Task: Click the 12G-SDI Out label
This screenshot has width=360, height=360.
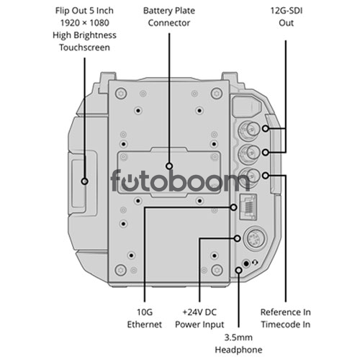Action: [286, 17]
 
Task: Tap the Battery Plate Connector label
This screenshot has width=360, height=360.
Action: [169, 17]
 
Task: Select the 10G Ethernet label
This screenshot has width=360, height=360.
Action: [145, 318]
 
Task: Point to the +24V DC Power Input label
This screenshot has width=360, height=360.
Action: [199, 318]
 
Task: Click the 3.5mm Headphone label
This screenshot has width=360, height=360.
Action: [238, 343]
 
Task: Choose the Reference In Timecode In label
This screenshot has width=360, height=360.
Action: [286, 318]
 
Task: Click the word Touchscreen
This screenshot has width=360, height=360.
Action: [84, 48]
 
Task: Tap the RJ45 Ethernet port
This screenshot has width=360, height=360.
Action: [248, 207]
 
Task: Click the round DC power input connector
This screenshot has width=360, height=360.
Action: [255, 238]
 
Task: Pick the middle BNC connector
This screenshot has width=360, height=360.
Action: [250, 153]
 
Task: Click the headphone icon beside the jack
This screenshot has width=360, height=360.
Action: [255, 263]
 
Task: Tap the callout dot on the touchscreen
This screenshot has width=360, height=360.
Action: [84, 181]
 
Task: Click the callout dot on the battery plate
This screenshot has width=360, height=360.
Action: [169, 166]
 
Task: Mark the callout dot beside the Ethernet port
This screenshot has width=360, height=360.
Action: [234, 207]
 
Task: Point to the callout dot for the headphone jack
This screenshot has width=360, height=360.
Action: [238, 270]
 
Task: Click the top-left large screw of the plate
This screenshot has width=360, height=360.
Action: [121, 94]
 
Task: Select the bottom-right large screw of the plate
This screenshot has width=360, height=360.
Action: [217, 270]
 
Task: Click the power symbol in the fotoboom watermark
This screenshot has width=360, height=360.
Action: [130, 182]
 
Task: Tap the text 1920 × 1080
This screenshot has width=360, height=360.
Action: [85, 23]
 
